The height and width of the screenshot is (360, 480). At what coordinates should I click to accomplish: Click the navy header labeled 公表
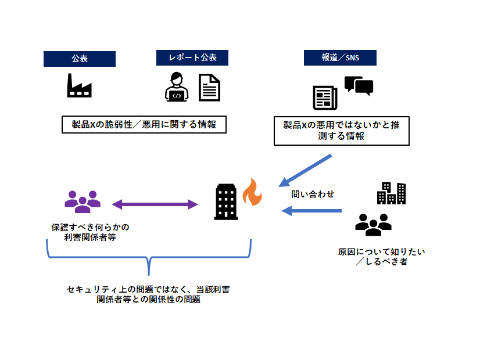(80, 59)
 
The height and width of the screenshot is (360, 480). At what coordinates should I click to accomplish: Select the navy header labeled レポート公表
(192, 58)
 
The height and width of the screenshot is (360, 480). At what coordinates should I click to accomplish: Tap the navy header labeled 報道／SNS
(340, 58)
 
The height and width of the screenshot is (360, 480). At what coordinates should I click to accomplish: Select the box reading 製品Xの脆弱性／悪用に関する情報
(143, 125)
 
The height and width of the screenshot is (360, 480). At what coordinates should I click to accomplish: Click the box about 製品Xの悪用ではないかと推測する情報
(342, 131)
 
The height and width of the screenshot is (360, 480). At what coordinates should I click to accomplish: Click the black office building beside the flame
(226, 201)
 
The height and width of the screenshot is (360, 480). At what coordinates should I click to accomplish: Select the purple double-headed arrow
(155, 204)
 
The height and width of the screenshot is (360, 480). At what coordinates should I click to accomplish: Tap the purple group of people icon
(82, 201)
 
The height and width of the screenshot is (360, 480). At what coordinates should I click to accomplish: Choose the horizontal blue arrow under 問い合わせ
(311, 211)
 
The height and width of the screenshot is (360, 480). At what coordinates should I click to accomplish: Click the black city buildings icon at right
(391, 193)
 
